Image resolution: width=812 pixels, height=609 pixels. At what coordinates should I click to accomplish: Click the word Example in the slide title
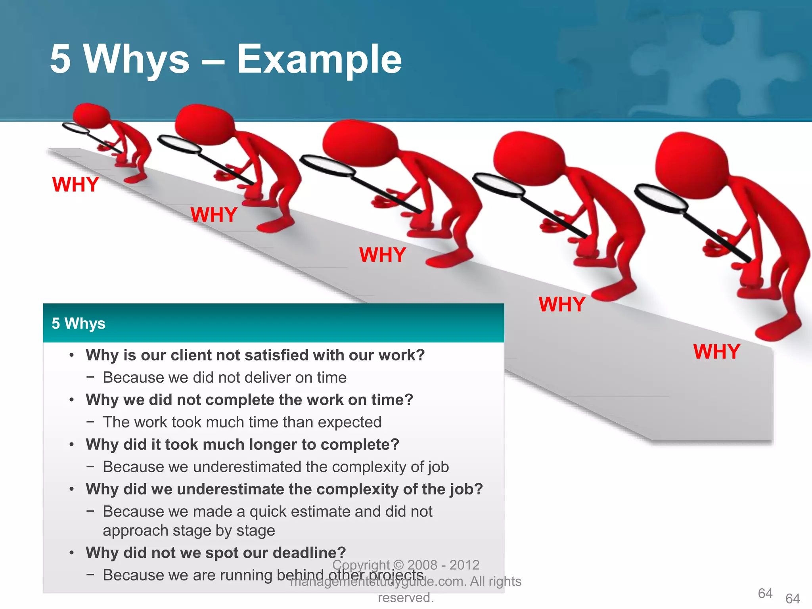[319, 59]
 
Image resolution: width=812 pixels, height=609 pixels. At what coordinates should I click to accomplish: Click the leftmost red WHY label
[75, 184]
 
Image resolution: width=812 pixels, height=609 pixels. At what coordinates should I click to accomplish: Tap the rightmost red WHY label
[716, 352]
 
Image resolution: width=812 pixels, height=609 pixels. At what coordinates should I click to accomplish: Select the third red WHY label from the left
[382, 255]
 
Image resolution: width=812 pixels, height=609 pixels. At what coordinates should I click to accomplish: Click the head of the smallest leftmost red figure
[91, 115]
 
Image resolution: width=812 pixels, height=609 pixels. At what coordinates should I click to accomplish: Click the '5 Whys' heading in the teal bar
[79, 324]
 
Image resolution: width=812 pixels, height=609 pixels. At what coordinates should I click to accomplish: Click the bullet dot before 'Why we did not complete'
[71, 400]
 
